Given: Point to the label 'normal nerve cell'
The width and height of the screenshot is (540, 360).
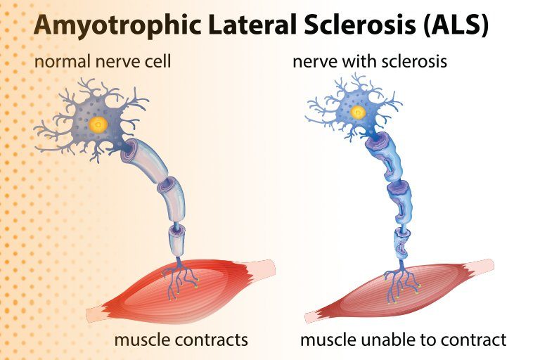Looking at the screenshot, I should point(103,62).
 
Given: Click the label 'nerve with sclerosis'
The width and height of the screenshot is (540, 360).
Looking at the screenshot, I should point(370,62).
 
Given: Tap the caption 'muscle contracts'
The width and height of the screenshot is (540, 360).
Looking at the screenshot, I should point(181,340).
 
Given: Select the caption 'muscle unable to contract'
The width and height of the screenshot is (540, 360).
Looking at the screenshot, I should point(403,340).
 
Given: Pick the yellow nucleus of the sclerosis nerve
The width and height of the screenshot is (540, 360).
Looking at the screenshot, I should point(359,112).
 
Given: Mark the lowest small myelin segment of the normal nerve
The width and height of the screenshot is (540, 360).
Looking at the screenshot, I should point(176,240).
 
